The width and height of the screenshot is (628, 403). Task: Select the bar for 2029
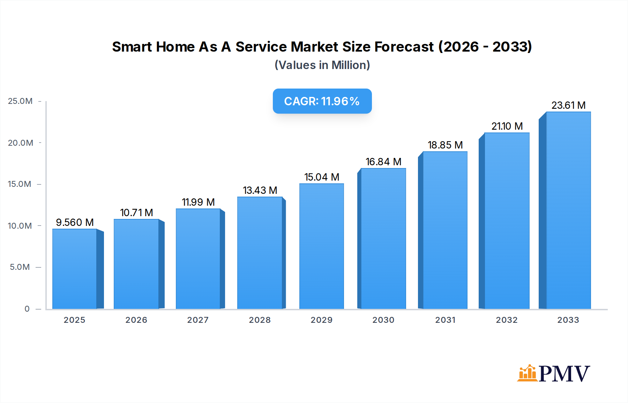(321, 246)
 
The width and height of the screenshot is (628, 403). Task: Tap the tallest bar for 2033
(568, 210)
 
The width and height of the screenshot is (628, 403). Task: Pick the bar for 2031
(445, 230)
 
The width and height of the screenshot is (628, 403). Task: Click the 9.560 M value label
(75, 222)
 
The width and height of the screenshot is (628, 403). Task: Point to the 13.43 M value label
(260, 190)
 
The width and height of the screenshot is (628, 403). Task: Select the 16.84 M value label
(383, 162)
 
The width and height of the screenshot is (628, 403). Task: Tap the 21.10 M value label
(507, 126)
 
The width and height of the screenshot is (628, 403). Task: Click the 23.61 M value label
(568, 105)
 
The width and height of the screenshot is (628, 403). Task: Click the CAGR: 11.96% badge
(322, 101)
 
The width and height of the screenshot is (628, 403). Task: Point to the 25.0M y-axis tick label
(20, 101)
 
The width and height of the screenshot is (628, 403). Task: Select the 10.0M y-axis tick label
(20, 226)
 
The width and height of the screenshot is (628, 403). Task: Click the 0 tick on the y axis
(27, 309)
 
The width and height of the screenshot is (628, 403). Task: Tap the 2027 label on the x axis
(198, 320)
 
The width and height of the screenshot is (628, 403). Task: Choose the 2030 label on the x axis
(383, 320)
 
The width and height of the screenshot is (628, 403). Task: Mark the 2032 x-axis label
(507, 320)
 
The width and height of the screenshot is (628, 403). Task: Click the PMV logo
(553, 373)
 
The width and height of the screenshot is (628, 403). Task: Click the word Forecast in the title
(404, 47)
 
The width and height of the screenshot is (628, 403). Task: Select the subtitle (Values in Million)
(322, 65)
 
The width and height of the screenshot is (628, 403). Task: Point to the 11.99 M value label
(198, 202)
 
